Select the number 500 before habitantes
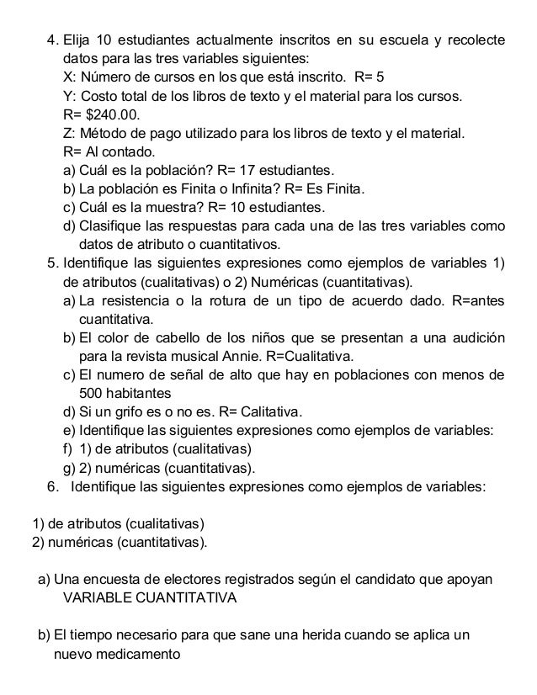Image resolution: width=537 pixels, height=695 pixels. [91, 393]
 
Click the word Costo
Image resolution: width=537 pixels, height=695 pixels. [98, 97]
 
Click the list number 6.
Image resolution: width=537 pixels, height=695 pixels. [52, 485]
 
